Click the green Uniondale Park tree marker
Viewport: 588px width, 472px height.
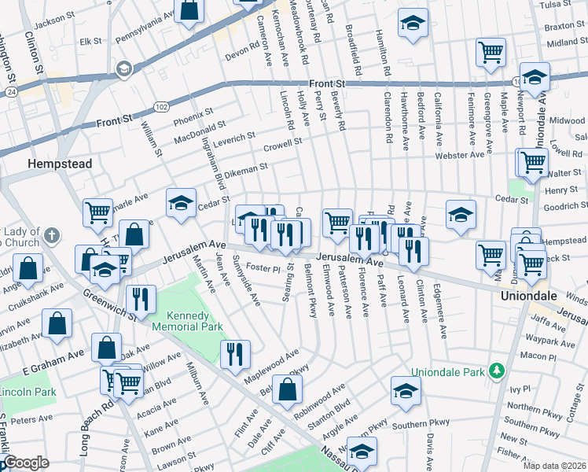point(496,370)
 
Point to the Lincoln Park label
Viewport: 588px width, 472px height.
point(27,392)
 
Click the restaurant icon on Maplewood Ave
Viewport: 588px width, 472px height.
point(235,355)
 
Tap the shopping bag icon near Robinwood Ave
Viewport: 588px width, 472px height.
point(288,389)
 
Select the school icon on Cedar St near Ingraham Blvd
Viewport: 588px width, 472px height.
point(181,204)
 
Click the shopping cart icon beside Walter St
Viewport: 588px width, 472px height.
point(532,162)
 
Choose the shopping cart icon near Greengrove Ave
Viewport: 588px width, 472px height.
point(491,53)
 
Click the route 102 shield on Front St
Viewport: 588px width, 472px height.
point(162,106)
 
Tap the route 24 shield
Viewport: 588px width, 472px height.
point(10,91)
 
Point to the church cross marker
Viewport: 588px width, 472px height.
point(52,235)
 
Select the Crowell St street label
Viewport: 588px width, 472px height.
point(283,146)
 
